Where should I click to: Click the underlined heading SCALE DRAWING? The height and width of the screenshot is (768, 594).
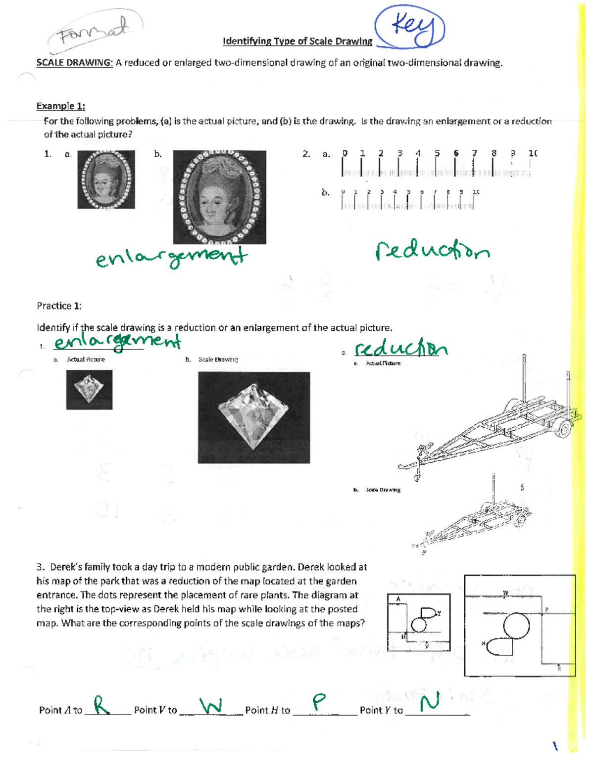pos(74,63)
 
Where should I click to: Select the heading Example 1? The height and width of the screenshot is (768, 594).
pos(60,106)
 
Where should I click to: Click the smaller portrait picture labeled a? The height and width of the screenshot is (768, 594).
pos(106,179)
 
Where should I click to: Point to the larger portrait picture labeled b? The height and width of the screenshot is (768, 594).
pos(219,197)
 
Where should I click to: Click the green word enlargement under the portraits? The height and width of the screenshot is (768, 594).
pos(171,258)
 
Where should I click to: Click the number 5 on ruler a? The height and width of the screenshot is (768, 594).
pos(437,153)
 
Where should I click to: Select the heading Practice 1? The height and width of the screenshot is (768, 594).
pos(59,306)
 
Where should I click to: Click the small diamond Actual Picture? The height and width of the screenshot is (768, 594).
pos(89,390)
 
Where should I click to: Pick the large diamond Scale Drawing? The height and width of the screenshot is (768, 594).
pos(253,417)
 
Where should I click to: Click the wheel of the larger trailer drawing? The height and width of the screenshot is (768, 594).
pos(563,428)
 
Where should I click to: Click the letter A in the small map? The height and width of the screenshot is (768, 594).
pos(398,599)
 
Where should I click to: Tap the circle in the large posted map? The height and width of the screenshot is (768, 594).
pos(516,626)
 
